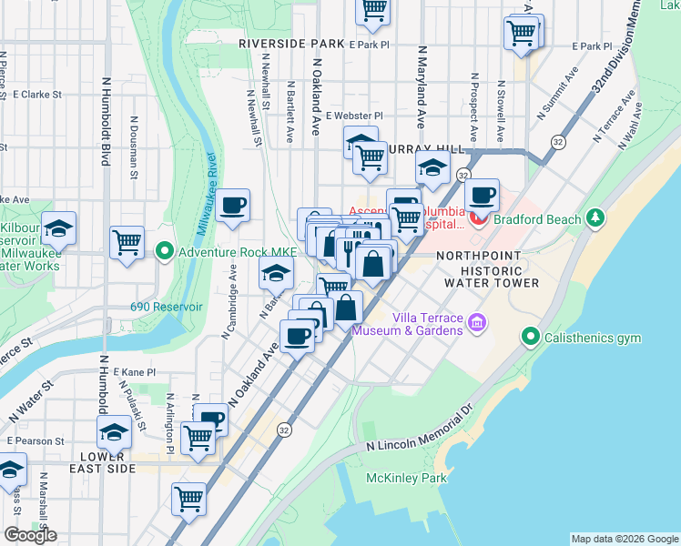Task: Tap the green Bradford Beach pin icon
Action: coord(595,217)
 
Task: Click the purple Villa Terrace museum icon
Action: coord(475,322)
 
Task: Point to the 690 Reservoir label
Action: coord(166,307)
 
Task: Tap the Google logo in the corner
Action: coord(30,535)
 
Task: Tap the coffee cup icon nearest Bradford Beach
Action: coord(483,194)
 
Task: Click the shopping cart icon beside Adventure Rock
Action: coord(127,242)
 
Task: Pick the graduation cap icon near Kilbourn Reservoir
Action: coord(59,227)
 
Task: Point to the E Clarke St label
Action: coord(36,94)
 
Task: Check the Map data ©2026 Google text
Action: coord(624,539)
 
